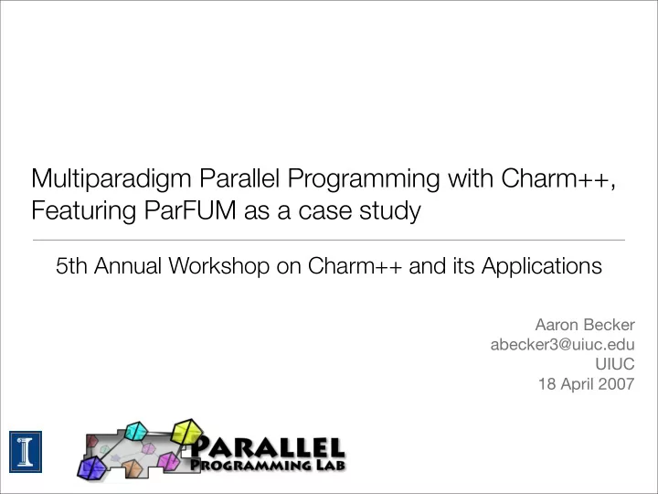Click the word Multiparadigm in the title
click(x=111, y=179)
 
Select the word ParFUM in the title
click(x=190, y=210)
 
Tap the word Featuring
click(x=83, y=211)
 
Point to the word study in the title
click(x=390, y=211)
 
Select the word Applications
click(x=541, y=266)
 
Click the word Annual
click(x=128, y=265)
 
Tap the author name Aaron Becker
click(x=585, y=325)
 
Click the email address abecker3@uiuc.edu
click(x=562, y=345)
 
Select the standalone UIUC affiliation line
click(x=615, y=364)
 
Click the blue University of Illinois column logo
click(x=26, y=452)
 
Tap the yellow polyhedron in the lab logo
click(x=187, y=432)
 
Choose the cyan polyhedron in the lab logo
click(x=136, y=431)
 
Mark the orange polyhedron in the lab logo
click(x=133, y=468)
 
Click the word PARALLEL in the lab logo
click(x=267, y=447)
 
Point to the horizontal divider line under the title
click(x=329, y=241)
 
